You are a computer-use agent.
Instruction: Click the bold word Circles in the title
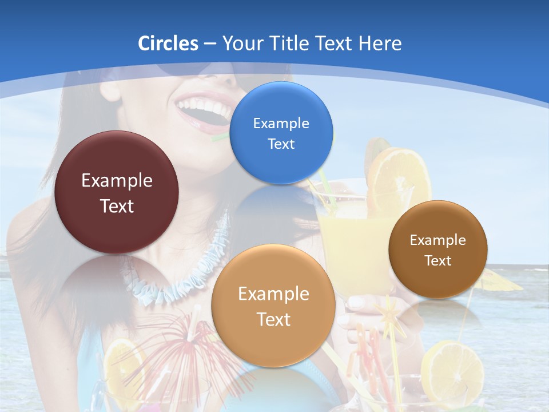pyautogui.click(x=168, y=43)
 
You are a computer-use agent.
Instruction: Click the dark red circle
pyautogui.click(x=117, y=192)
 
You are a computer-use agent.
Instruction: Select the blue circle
pyautogui.click(x=281, y=133)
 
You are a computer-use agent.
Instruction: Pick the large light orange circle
pyautogui.click(x=273, y=306)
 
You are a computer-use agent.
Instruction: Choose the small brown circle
pyautogui.click(x=437, y=249)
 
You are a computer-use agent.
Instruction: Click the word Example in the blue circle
pyautogui.click(x=281, y=123)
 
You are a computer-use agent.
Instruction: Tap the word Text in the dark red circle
pyautogui.click(x=117, y=206)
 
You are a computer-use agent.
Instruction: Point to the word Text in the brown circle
pyautogui.click(x=438, y=261)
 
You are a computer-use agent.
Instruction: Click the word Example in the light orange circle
pyautogui.click(x=273, y=294)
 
